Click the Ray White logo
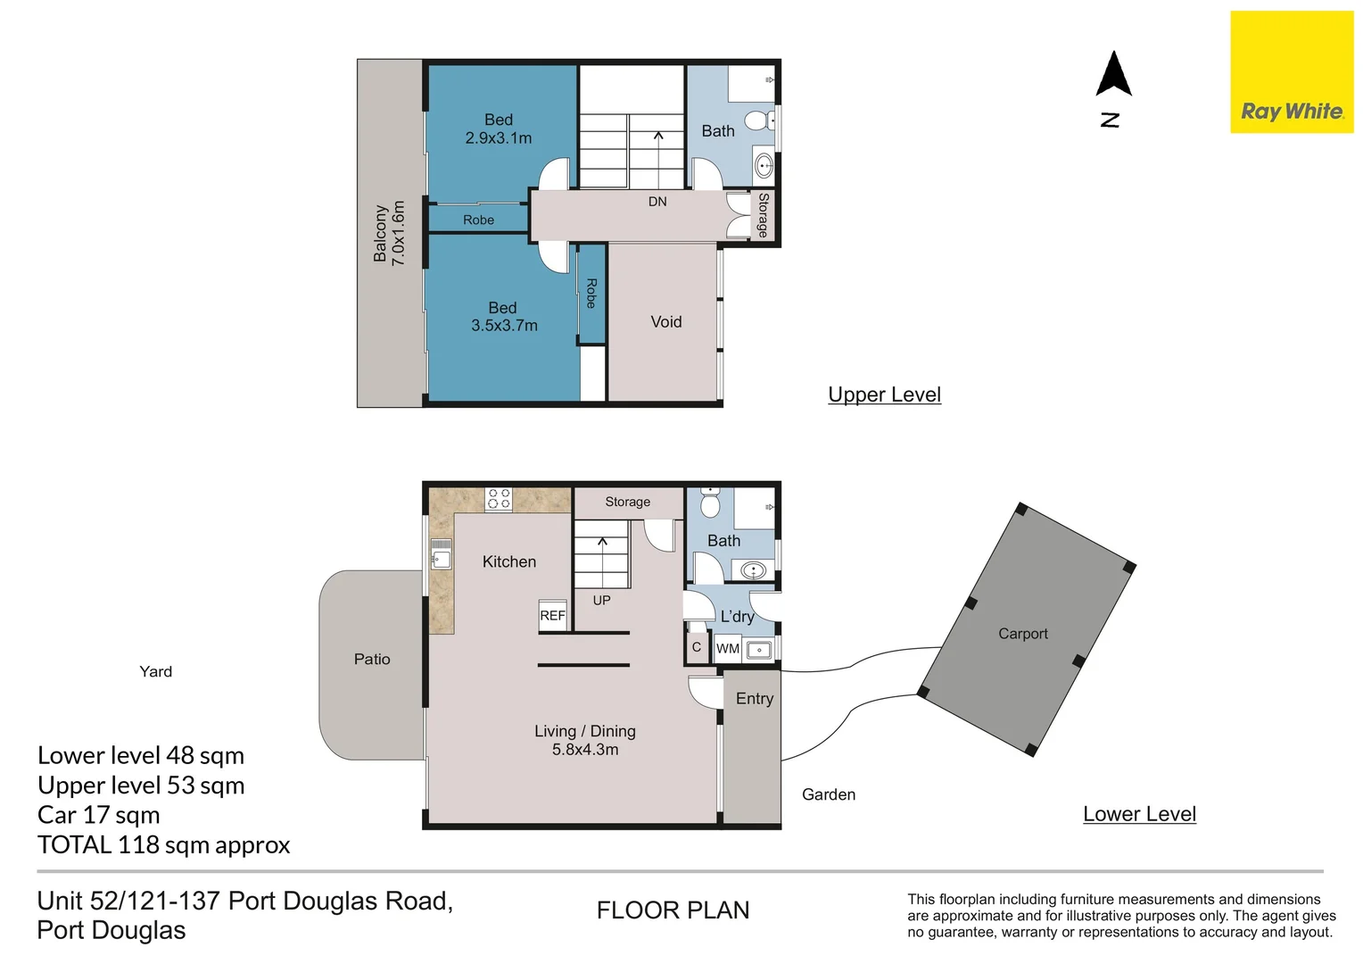pos(1292,72)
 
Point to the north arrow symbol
pos(1113,74)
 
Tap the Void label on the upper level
pos(666,321)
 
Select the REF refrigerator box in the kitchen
pos(552,616)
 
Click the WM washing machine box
pos(728,649)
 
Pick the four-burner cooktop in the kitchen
pos(499,499)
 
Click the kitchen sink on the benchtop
pos(442,553)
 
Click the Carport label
pos(1023,634)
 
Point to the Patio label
pos(372,659)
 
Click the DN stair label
pos(657,202)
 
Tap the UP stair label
pos(602,601)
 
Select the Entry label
pos(755,699)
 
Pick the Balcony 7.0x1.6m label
pos(389,233)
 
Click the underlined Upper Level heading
pos(884,395)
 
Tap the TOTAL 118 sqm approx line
pos(163,844)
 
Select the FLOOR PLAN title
pos(673,910)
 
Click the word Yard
pos(156,672)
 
